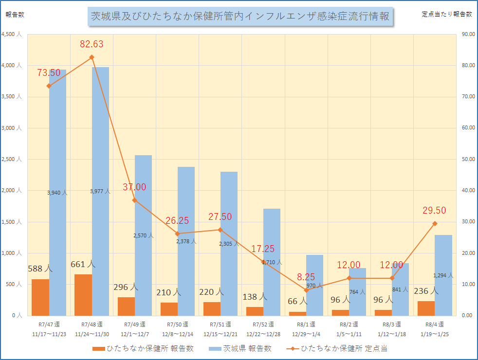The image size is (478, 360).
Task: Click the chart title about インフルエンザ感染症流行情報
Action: click(240, 17)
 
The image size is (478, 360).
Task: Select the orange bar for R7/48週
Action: click(83, 295)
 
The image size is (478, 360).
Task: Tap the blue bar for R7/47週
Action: click(57, 146)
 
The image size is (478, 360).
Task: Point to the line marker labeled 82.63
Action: click(92, 57)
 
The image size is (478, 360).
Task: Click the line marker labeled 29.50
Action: click(435, 223)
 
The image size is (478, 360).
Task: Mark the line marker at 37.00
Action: click(134, 200)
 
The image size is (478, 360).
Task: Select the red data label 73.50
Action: click(49, 73)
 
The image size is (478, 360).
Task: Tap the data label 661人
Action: click(83, 264)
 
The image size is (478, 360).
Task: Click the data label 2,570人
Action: click(143, 235)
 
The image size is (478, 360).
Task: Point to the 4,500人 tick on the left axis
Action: click(12, 35)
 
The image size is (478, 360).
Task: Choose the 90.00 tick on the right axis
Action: click(467, 35)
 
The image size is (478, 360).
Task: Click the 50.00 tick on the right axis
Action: click(467, 159)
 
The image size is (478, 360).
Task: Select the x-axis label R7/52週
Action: click(263, 324)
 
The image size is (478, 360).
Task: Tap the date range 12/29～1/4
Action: click(306, 334)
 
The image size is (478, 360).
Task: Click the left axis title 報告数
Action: click(15, 14)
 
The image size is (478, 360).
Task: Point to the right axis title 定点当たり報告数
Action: click(446, 14)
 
